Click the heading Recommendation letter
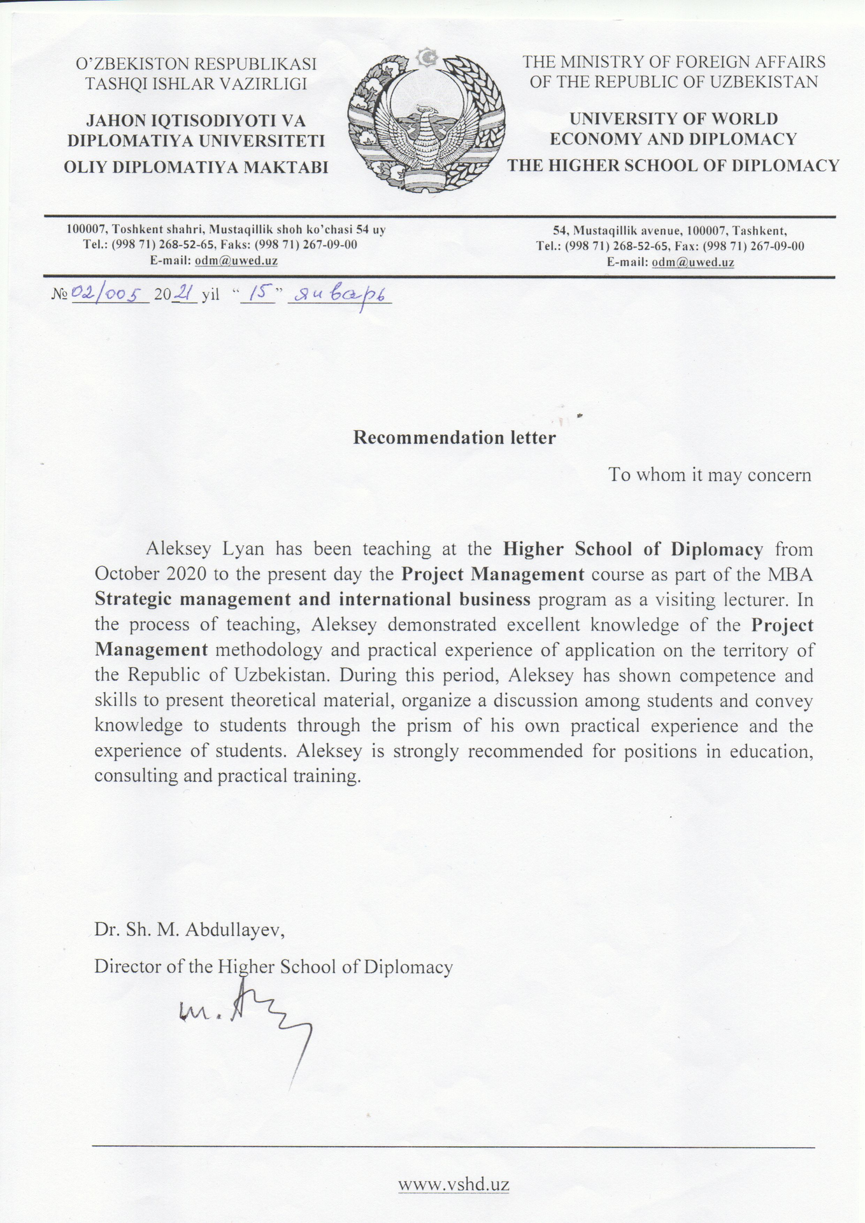(454, 438)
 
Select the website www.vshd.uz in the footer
(454, 1185)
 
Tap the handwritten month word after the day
(340, 296)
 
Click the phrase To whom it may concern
(710, 475)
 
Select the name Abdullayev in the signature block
(233, 931)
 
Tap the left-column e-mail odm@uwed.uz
(236, 261)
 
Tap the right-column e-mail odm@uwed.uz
(693, 262)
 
